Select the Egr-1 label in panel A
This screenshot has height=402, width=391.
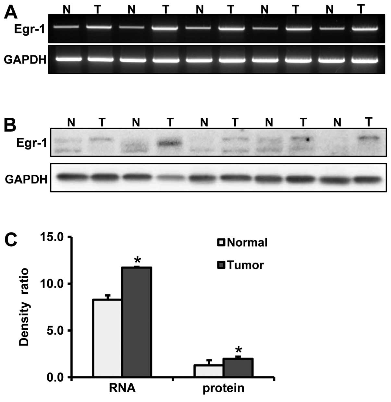point(29,30)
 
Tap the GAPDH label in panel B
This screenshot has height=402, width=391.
point(26,179)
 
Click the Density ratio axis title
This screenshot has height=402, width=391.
point(24,307)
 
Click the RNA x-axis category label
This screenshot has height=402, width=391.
point(122,388)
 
